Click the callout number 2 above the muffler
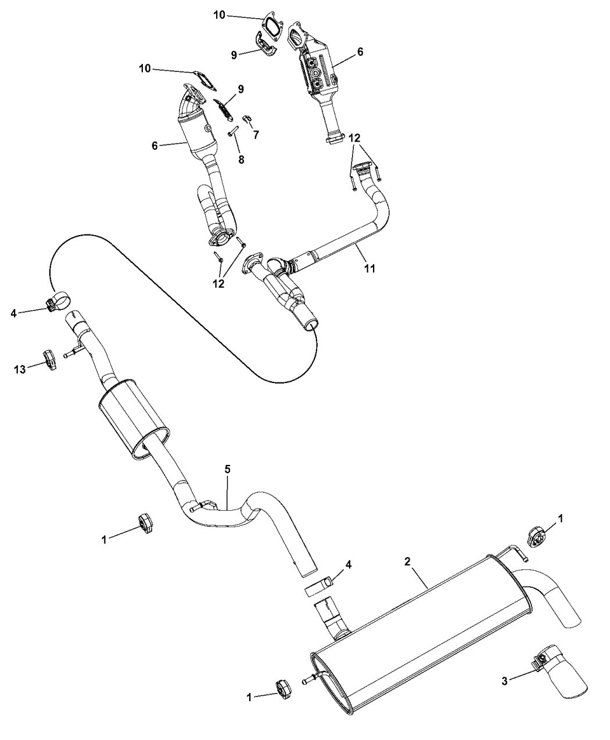click(x=407, y=561)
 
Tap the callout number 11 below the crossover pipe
click(x=369, y=268)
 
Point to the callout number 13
click(x=20, y=369)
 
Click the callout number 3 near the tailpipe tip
click(x=504, y=681)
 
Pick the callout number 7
click(x=256, y=135)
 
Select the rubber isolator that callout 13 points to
click(x=49, y=360)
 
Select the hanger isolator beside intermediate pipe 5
click(x=145, y=524)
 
